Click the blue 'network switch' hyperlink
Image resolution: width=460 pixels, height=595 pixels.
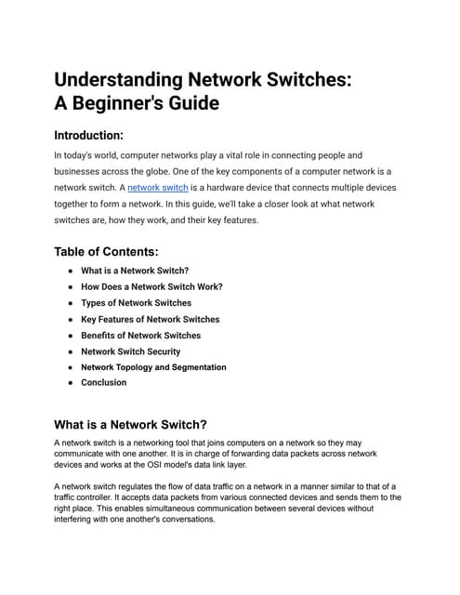point(157,187)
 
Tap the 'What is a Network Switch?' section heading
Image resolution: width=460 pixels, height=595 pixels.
point(130,424)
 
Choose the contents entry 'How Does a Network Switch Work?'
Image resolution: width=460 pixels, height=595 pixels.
point(151,286)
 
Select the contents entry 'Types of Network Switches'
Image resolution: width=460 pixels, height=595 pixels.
point(136,302)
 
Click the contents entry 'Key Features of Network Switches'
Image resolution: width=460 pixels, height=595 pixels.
point(150,319)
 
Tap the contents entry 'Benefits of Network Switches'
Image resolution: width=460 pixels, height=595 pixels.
point(140,335)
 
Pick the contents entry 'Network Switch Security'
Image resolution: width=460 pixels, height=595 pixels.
point(130,351)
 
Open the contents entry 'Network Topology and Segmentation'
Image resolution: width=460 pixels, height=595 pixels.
point(153,367)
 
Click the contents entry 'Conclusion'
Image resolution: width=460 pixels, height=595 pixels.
point(103,382)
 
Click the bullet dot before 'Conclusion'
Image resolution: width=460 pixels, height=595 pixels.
point(70,382)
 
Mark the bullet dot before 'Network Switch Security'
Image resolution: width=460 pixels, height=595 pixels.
point(70,351)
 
